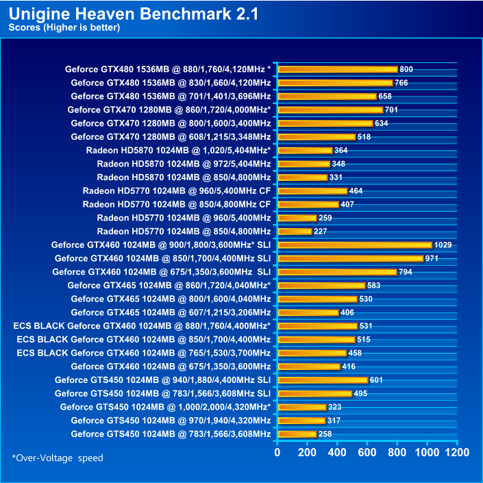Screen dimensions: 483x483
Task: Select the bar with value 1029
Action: click(355, 245)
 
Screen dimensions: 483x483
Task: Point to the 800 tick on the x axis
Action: click(397, 452)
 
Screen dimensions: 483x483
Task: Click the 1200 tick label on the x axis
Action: click(457, 452)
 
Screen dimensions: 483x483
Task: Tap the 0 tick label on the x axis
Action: click(277, 452)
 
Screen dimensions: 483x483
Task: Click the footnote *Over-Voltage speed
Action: click(58, 458)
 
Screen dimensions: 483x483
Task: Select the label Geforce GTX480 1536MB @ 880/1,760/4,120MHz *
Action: click(168, 69)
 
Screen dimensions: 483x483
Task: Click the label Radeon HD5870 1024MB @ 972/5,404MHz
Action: click(184, 164)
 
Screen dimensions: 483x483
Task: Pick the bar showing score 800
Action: click(338, 69)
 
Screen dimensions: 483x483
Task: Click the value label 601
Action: click(379, 380)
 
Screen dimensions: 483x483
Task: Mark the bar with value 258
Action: click(297, 434)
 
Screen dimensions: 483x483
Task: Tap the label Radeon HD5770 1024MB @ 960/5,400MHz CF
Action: click(177, 190)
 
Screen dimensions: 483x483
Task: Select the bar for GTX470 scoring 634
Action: click(325, 123)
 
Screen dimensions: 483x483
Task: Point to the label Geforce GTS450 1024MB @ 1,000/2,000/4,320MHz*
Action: click(165, 407)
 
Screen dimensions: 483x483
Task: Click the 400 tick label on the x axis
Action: click(337, 452)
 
